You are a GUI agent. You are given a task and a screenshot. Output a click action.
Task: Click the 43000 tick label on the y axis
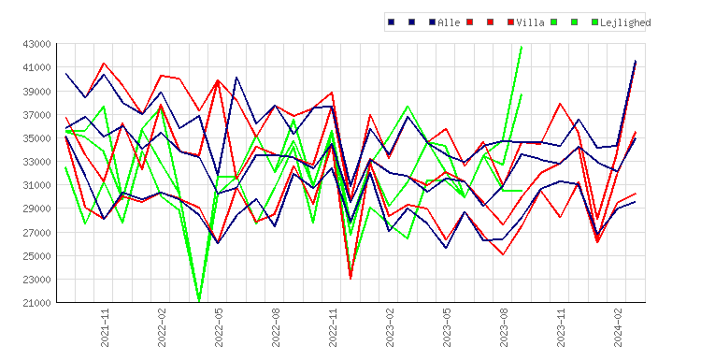pyautogui.click(x=36, y=44)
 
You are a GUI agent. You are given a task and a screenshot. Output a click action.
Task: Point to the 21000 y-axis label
pyautogui.click(x=36, y=303)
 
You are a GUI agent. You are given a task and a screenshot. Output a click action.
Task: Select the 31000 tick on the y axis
pyautogui.click(x=36, y=185)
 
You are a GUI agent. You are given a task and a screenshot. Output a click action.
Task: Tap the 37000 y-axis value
pyautogui.click(x=36, y=114)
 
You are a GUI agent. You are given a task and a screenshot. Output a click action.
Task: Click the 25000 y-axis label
pyautogui.click(x=36, y=256)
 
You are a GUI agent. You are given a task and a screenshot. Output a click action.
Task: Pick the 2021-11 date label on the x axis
pyautogui.click(x=105, y=327)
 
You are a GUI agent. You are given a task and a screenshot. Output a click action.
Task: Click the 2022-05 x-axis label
pyautogui.click(x=219, y=327)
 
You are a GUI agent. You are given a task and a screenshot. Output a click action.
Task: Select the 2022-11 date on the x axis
pyautogui.click(x=333, y=327)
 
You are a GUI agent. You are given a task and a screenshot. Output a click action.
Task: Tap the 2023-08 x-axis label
pyautogui.click(x=504, y=327)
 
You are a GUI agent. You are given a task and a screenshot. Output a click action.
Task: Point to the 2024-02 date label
pyautogui.click(x=618, y=327)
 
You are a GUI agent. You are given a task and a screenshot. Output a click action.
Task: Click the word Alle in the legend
pyautogui.click(x=449, y=22)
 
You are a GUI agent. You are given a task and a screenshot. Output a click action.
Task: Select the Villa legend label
pyautogui.click(x=530, y=22)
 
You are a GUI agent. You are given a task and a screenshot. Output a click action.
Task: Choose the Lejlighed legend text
pyautogui.click(x=625, y=22)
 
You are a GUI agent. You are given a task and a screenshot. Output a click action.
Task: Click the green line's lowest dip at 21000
pyautogui.click(x=199, y=301)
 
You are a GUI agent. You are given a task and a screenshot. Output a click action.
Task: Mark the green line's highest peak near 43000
pyautogui.click(x=522, y=47)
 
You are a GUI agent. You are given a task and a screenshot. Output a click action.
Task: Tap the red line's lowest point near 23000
pyautogui.click(x=350, y=278)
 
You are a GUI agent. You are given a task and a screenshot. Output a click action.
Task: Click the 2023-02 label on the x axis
pyautogui.click(x=390, y=327)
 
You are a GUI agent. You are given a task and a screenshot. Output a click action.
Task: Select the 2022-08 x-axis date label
pyautogui.click(x=276, y=327)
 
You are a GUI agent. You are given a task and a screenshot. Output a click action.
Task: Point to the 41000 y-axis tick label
pyautogui.click(x=36, y=67)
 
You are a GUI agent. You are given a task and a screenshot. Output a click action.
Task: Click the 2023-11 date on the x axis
pyautogui.click(x=561, y=327)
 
